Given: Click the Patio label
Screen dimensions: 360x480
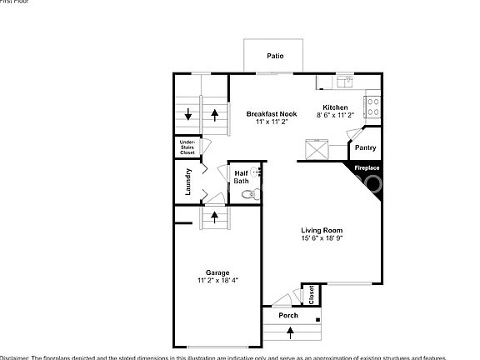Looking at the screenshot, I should (x=275, y=57).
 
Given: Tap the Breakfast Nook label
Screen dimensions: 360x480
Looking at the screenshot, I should (x=271, y=113).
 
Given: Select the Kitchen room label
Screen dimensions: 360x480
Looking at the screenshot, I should (x=335, y=107).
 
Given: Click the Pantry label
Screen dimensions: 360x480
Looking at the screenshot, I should (x=365, y=148).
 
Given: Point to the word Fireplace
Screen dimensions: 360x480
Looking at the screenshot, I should (x=367, y=168).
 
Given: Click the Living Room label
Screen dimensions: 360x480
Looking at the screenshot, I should (x=322, y=231).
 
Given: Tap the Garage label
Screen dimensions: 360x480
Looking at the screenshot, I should (x=217, y=272).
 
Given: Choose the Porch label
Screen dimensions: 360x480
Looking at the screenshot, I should (x=288, y=316).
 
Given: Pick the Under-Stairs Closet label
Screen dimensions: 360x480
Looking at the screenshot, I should (x=187, y=148).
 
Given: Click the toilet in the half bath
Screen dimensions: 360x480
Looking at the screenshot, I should (x=247, y=195).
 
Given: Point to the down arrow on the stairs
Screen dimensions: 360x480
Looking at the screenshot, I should (x=188, y=115).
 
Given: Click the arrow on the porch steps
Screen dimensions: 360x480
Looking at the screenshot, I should (x=290, y=332).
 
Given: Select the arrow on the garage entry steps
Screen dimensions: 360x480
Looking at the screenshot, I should (x=215, y=217).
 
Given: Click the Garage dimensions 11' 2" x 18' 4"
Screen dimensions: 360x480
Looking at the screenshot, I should (x=217, y=281).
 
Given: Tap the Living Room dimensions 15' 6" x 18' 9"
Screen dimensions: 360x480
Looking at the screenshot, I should (x=322, y=239).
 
